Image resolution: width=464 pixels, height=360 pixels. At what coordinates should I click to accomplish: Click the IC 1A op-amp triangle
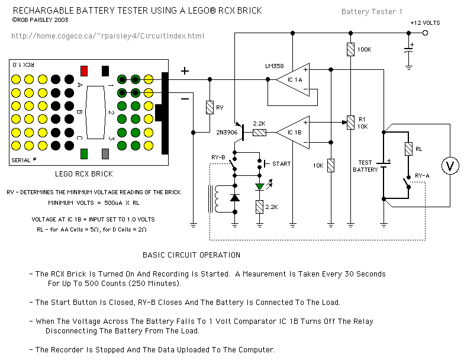(292, 79)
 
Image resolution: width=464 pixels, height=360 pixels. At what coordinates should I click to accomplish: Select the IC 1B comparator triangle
(292, 131)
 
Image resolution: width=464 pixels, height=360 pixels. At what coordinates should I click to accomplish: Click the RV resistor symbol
(209, 107)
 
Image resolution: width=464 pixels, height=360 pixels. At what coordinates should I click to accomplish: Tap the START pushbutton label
(281, 163)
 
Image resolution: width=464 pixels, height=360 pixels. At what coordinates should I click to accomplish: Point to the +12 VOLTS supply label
(425, 22)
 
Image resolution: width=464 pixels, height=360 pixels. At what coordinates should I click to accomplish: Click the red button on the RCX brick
(84, 71)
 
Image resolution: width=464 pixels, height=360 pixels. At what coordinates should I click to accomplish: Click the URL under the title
(108, 36)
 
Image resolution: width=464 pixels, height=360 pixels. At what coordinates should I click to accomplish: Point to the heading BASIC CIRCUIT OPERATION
(191, 255)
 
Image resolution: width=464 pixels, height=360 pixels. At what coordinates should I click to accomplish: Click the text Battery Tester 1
(372, 12)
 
